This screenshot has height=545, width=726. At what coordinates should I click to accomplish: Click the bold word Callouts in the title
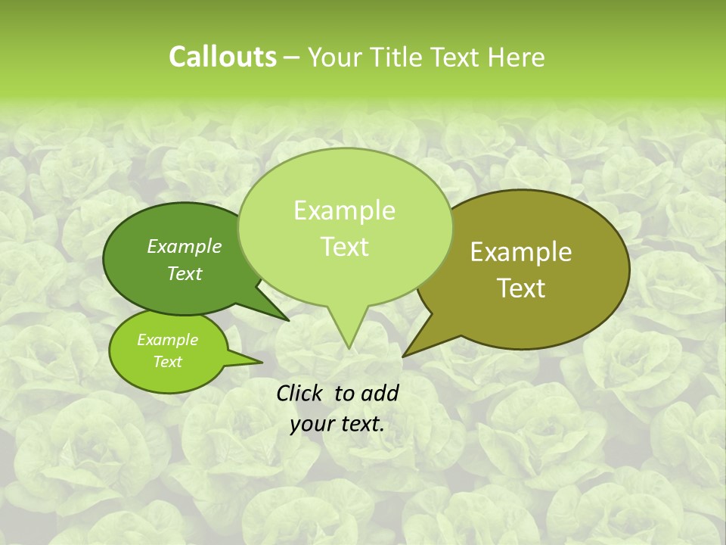coord(222,57)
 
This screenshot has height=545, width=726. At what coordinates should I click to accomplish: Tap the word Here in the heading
coord(517,57)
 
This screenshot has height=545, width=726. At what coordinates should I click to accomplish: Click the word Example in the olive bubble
coord(521,252)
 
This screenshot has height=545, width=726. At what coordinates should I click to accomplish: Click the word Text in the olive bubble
coord(521,288)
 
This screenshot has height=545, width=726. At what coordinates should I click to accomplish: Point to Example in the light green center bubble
coord(344,210)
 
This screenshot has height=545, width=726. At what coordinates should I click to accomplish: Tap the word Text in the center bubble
coord(344,247)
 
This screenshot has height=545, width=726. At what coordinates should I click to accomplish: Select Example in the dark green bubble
coord(185,246)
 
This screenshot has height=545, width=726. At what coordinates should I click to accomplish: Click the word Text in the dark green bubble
coord(185,273)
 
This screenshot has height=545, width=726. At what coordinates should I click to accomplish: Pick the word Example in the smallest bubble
coord(167,340)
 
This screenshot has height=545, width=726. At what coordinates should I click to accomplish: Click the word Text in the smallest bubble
coord(167,362)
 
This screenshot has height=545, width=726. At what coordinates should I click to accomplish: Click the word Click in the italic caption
coord(300,393)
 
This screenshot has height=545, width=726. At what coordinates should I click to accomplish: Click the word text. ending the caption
coord(361,425)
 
